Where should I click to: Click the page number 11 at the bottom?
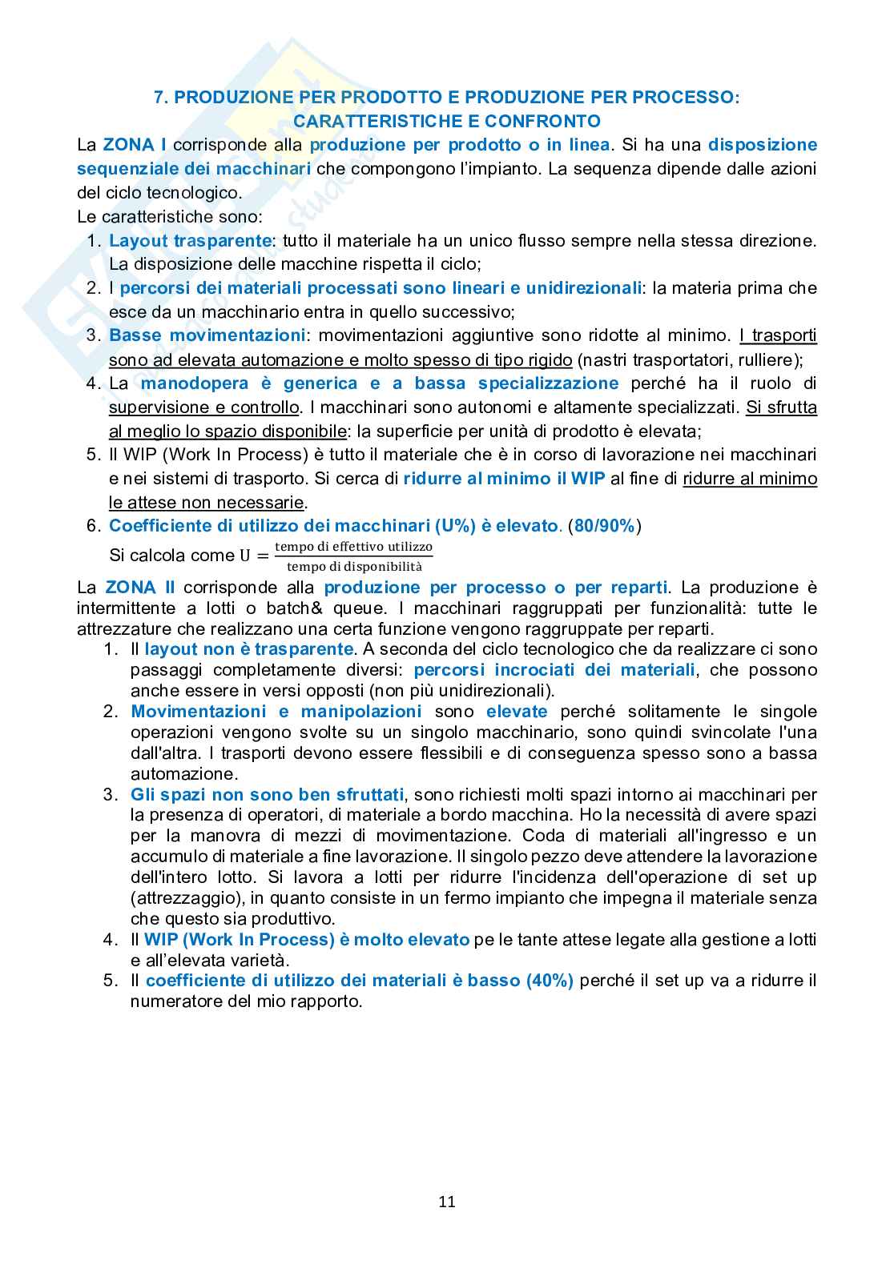pos(447,1202)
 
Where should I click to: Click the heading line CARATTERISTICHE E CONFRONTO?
pos(447,121)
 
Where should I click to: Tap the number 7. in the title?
pos(160,97)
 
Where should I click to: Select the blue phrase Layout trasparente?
pos(190,240)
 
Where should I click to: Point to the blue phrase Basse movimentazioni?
pos(207,335)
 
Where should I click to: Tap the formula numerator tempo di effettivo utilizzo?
pos(353,547)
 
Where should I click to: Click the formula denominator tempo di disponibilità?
pos(353,566)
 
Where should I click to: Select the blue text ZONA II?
pos(139,588)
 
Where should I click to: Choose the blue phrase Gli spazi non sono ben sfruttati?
pos(267,795)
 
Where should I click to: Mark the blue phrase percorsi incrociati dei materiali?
pos(554,670)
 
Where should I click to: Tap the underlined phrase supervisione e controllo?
pos(204,407)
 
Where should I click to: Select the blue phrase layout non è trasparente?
pos(249,649)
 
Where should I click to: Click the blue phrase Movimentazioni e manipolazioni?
pos(276,712)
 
